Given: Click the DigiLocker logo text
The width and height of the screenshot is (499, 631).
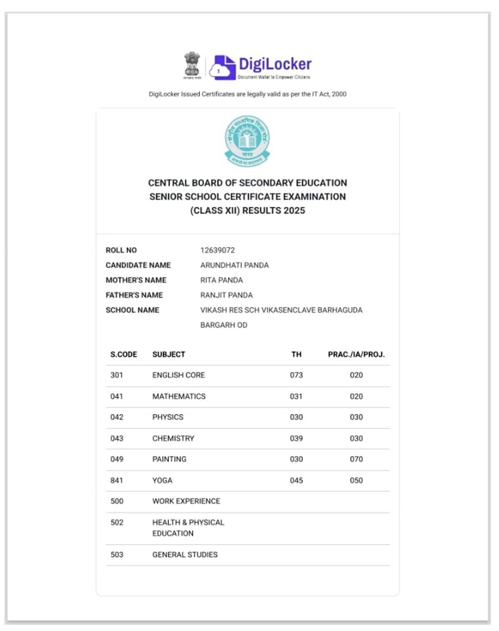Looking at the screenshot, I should (275, 64).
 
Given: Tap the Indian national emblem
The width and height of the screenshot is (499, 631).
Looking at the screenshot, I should (192, 65).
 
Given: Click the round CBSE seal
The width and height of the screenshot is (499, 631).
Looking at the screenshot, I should (247, 141).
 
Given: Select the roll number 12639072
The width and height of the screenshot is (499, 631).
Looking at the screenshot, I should (217, 250).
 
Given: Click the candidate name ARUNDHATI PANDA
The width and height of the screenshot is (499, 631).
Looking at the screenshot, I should (234, 265).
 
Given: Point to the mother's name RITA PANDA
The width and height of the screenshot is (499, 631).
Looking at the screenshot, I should (221, 280).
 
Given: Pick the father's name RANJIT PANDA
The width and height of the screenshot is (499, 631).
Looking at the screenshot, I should (226, 295).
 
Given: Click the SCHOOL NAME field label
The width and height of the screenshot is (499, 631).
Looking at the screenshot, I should (132, 310).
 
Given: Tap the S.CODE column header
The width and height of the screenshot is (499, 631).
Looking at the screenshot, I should (123, 354).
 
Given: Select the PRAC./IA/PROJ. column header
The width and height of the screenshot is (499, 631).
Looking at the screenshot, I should (356, 354).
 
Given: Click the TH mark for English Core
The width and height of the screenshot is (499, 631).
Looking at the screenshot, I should (296, 375).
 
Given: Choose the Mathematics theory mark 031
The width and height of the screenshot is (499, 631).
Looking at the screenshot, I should (296, 396).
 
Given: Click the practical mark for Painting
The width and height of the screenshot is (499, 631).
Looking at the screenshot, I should (356, 459).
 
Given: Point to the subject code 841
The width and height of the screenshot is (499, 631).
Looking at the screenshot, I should (117, 481).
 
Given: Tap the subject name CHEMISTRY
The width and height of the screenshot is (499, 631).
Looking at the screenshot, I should (173, 439).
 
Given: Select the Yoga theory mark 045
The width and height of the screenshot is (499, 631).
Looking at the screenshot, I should (296, 481).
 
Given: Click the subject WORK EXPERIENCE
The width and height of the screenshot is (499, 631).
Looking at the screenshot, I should (186, 501).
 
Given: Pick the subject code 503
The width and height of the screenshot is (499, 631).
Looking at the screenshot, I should (117, 555).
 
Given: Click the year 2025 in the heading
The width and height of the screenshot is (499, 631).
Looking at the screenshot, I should (294, 211).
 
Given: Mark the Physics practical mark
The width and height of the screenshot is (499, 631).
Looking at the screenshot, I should (356, 417).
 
